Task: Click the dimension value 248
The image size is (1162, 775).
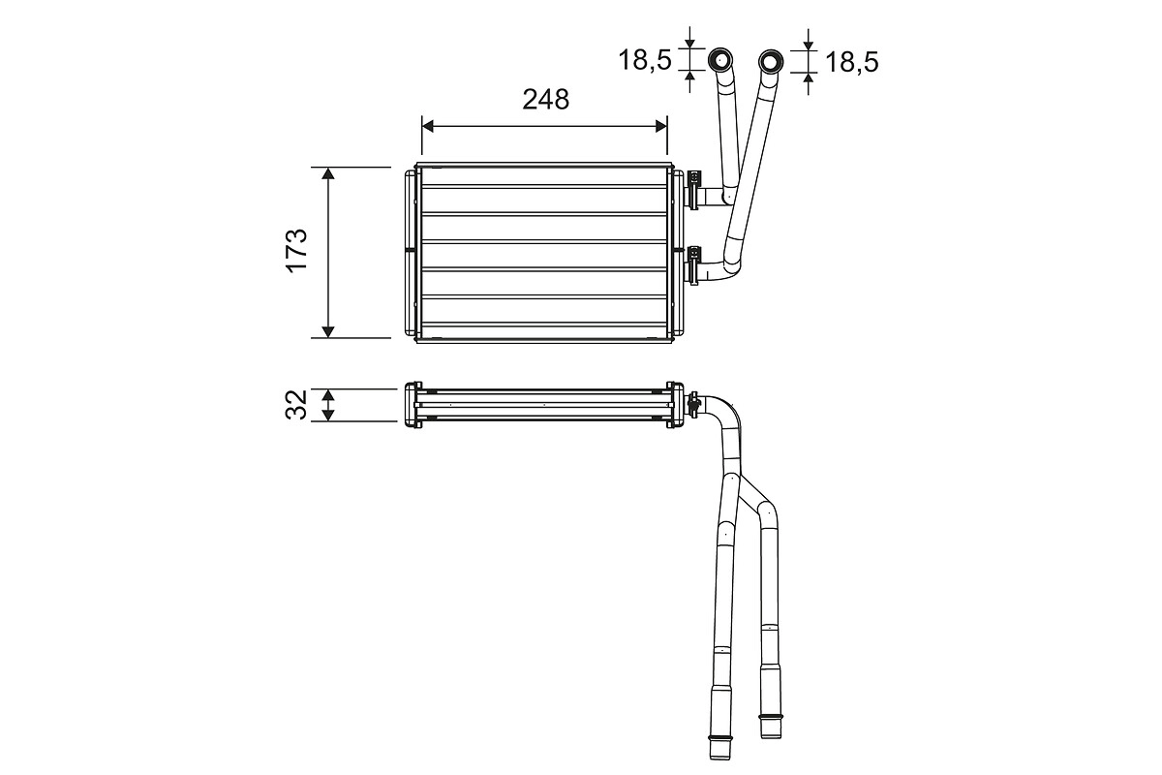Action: click(545, 99)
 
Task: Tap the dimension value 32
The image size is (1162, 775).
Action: click(297, 404)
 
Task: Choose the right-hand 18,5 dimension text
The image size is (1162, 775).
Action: click(851, 62)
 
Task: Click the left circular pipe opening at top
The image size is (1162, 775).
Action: click(721, 61)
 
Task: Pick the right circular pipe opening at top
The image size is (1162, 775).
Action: click(771, 62)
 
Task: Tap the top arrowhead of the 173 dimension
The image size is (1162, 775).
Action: click(328, 173)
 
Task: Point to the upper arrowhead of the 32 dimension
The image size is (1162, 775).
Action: click(328, 394)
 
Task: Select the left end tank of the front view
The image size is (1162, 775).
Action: click(411, 252)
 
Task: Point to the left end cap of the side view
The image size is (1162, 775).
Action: click(411, 405)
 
